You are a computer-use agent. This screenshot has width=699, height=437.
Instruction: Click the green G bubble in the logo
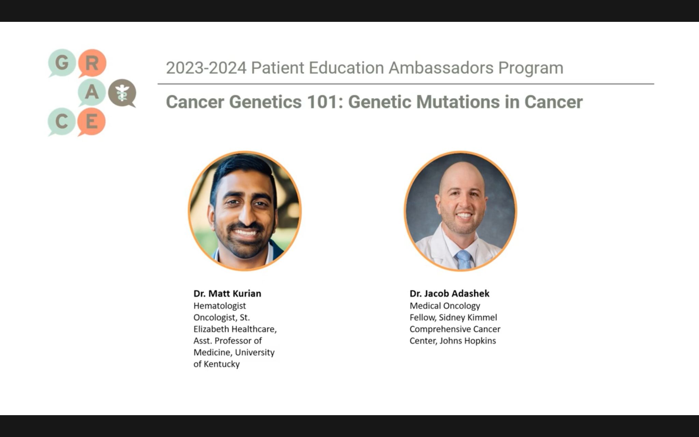click(x=61, y=62)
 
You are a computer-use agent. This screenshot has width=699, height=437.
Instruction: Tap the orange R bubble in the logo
click(x=92, y=63)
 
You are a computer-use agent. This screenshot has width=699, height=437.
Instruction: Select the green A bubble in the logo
click(x=91, y=92)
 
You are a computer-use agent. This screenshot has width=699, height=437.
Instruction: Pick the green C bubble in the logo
click(x=61, y=122)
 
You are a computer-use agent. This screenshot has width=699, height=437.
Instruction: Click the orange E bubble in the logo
click(x=91, y=122)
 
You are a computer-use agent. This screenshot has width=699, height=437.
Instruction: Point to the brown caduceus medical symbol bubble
click(x=122, y=93)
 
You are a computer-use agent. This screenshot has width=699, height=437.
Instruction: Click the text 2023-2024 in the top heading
click(x=206, y=68)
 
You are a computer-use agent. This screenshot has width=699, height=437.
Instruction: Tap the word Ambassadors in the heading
click(x=441, y=68)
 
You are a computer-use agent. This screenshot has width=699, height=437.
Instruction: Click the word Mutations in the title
click(x=458, y=102)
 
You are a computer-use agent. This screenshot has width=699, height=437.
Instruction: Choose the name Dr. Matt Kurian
click(x=227, y=294)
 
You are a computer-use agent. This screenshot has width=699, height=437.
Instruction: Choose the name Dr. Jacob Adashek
click(x=450, y=294)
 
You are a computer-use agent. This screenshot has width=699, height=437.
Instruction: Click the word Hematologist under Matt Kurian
click(x=219, y=306)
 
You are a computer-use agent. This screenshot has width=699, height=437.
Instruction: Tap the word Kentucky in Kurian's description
click(x=222, y=364)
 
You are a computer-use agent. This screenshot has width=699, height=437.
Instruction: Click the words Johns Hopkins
click(x=468, y=341)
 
